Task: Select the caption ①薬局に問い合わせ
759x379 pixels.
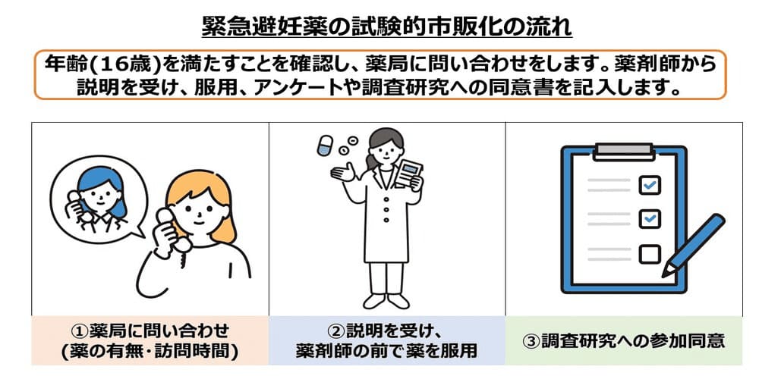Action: (x=149, y=330)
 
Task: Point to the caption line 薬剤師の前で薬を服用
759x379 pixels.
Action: (x=386, y=351)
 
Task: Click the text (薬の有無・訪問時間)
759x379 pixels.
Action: (x=149, y=351)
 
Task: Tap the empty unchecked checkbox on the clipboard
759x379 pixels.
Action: (x=650, y=252)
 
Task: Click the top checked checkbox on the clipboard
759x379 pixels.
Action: (x=650, y=184)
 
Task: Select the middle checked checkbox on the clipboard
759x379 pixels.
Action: (x=650, y=218)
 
